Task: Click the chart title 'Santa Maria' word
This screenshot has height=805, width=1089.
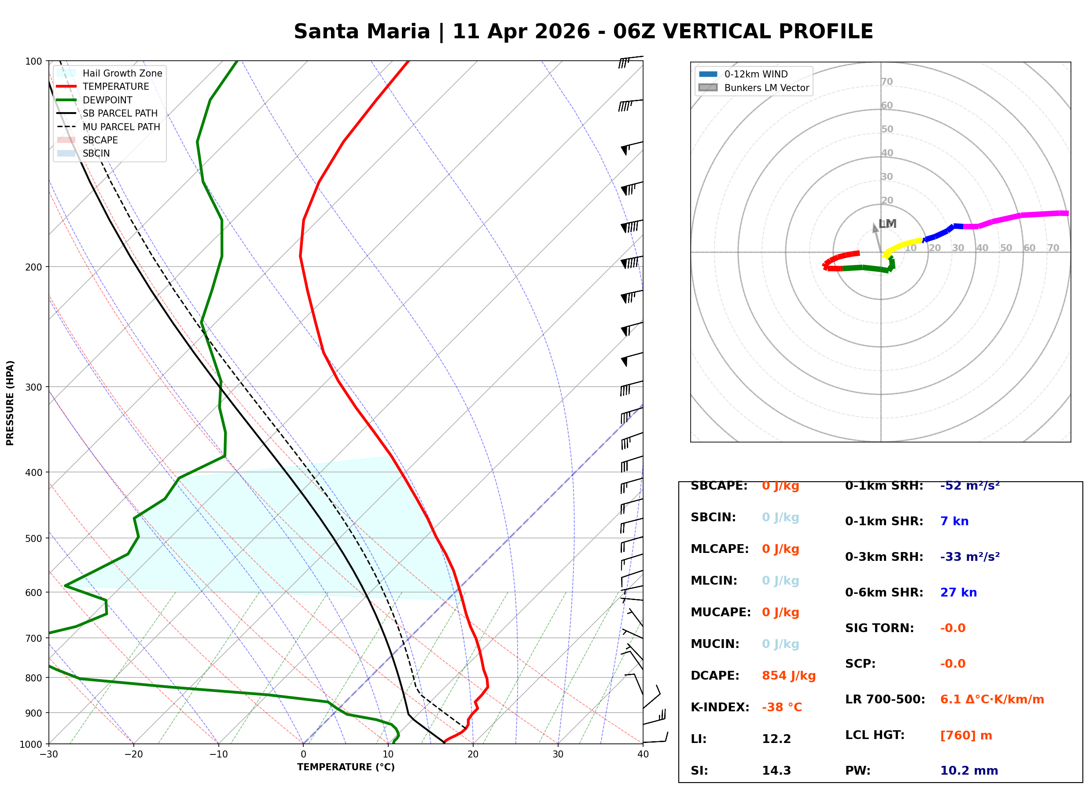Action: (x=362, y=32)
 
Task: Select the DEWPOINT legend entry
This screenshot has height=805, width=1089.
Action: (x=107, y=100)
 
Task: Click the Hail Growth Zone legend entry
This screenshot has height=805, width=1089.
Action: (x=122, y=73)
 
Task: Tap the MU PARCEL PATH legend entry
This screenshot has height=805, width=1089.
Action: (x=121, y=127)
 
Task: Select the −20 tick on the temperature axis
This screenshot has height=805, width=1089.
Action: (x=133, y=755)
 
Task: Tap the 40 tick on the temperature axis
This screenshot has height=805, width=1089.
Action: (x=643, y=755)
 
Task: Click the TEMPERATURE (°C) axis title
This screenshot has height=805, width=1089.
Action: (x=346, y=768)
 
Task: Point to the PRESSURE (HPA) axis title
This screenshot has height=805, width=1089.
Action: (x=10, y=403)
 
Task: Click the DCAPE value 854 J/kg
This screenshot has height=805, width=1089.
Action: (x=788, y=676)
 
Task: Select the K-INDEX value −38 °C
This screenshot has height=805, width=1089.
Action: (x=781, y=707)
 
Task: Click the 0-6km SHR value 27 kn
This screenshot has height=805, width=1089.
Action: (x=958, y=593)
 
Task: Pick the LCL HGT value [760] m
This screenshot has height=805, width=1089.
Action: (x=966, y=735)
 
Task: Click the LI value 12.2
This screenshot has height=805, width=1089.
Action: (x=776, y=739)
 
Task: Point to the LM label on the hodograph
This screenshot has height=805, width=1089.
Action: (x=887, y=224)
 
